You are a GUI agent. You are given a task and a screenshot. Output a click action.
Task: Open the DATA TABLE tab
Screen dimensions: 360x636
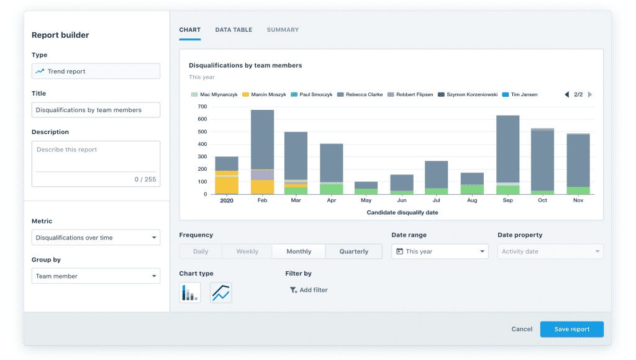[234, 30]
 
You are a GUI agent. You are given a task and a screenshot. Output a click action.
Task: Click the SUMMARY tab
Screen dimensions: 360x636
[283, 30]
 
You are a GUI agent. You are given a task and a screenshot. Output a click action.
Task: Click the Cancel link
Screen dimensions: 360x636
[522, 329]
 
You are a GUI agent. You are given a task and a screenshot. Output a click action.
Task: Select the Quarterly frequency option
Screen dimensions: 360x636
[353, 251]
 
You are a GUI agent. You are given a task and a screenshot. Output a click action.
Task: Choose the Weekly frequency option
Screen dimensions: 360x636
[247, 251]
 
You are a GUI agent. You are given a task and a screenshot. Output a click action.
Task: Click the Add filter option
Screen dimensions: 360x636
[309, 290]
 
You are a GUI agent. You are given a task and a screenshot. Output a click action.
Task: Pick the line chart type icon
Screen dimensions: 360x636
[220, 292]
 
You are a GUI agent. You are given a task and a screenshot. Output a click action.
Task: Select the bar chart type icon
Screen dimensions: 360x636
[189, 292]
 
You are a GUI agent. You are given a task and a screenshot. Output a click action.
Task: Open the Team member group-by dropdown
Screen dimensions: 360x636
[96, 276]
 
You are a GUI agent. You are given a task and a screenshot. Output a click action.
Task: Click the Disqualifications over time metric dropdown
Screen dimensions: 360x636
[96, 238]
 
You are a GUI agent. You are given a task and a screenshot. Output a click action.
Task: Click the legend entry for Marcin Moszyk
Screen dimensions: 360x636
[265, 94]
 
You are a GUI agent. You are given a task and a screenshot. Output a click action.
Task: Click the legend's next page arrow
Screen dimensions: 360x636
[590, 94]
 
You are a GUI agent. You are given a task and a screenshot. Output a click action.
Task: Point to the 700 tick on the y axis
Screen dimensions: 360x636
[203, 107]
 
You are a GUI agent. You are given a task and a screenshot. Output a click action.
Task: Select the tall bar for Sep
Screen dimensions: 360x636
[507, 149]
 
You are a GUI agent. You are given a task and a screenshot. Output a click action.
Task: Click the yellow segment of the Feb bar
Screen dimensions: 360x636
[262, 187]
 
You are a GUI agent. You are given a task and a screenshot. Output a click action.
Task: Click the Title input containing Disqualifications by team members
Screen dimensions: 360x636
[96, 110]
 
